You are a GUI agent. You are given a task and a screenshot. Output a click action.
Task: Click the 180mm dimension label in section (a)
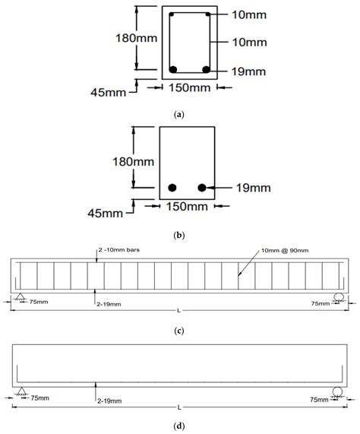(136, 38)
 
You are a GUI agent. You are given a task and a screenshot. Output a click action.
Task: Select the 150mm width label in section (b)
(187, 207)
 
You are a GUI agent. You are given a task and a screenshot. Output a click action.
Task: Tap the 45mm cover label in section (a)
(108, 93)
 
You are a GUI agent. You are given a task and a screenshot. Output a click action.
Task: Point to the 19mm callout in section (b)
(253, 188)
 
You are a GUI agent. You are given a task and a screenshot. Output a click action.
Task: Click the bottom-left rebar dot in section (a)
(173, 69)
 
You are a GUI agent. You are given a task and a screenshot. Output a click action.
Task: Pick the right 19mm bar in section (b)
(202, 188)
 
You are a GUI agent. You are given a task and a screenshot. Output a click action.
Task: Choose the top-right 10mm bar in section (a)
(207, 14)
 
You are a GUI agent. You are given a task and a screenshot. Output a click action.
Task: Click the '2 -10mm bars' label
(119, 250)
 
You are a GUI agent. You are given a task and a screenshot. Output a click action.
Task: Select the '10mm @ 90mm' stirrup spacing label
(285, 251)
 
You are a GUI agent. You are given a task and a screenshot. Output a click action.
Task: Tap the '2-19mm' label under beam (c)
(109, 304)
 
